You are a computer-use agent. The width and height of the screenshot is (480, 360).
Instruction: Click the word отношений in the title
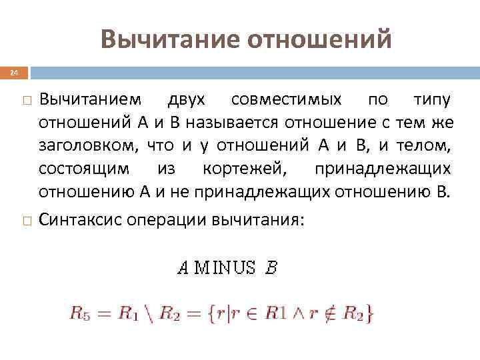pyautogui.click(x=319, y=39)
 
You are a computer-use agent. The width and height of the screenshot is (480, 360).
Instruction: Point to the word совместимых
pyautogui.click(x=287, y=100)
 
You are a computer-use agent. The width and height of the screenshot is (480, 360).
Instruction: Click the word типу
pyautogui.click(x=432, y=100)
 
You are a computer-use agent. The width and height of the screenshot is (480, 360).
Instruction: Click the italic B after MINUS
pyautogui.click(x=271, y=268)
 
